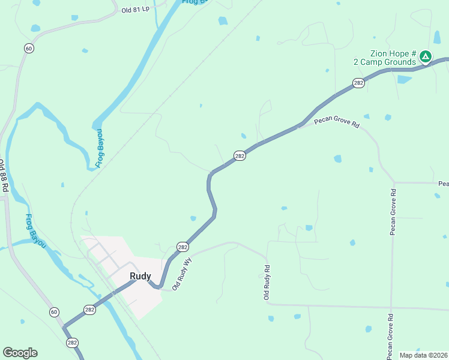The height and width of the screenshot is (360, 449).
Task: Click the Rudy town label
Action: click(140, 276)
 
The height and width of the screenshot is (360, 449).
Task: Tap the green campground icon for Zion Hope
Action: click(425, 57)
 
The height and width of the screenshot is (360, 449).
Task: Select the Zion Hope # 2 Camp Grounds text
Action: click(385, 58)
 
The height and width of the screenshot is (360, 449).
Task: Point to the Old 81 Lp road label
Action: click(135, 10)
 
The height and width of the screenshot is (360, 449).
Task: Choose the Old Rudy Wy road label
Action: click(181, 274)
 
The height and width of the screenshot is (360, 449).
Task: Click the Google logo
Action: click(20, 353)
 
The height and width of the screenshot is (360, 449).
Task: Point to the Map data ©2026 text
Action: click(423, 355)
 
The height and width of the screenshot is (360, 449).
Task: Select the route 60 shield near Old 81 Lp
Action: click(28, 48)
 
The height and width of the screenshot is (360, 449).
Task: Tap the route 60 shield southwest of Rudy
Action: click(54, 312)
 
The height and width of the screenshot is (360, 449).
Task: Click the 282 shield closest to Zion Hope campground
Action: click(358, 83)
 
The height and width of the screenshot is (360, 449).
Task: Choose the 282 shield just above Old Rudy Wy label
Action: click(182, 247)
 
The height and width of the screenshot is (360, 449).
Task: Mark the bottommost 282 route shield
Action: click(72, 343)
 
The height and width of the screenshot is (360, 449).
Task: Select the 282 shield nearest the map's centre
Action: click(240, 156)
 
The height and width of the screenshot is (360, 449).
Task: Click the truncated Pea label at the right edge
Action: click(443, 183)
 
